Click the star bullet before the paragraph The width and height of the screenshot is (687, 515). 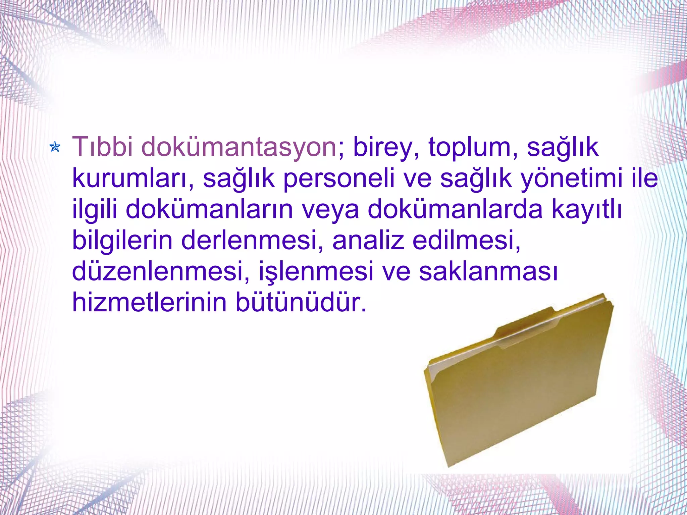(55, 147)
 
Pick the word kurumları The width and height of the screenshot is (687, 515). (131, 178)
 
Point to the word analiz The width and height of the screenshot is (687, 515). (368, 240)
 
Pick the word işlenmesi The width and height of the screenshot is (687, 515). (316, 271)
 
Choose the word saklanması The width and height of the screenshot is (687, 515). (488, 271)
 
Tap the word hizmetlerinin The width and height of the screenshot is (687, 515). (150, 302)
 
